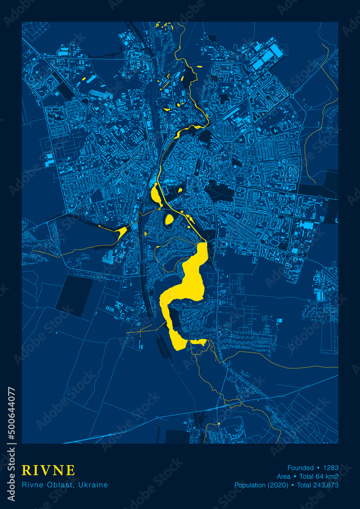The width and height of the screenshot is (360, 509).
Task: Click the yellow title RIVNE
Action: pyautogui.click(x=48, y=470)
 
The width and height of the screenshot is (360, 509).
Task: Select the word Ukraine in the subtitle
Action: pyautogui.click(x=93, y=485)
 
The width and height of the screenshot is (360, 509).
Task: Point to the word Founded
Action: pyautogui.click(x=300, y=468)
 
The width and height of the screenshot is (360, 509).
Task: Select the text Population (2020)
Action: pyautogui.click(x=261, y=485)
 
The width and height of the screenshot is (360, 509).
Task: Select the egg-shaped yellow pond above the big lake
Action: pyautogui.click(x=169, y=220)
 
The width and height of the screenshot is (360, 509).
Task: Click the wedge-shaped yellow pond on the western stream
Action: pyautogui.click(x=121, y=233)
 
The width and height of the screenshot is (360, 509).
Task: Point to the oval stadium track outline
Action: pyautogui.click(x=166, y=190)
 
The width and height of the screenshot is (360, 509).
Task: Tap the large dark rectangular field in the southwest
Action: pyautogui.click(x=74, y=295)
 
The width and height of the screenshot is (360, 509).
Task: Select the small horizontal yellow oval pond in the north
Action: pyautogui.click(x=199, y=67)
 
